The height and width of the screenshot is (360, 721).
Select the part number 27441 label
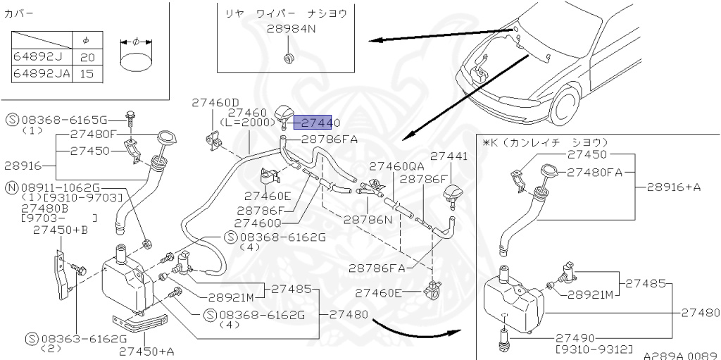(449, 156)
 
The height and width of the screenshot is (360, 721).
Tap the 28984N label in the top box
(291, 29)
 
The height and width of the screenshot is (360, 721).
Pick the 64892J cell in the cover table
(38, 57)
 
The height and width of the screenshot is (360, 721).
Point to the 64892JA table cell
(42, 73)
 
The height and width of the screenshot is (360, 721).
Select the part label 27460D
(215, 103)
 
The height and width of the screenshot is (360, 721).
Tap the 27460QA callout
(396, 166)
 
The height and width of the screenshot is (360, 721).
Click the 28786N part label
(368, 219)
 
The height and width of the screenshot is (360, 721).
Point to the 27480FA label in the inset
(595, 171)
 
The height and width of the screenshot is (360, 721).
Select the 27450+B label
(61, 230)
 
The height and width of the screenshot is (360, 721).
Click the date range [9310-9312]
(594, 349)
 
